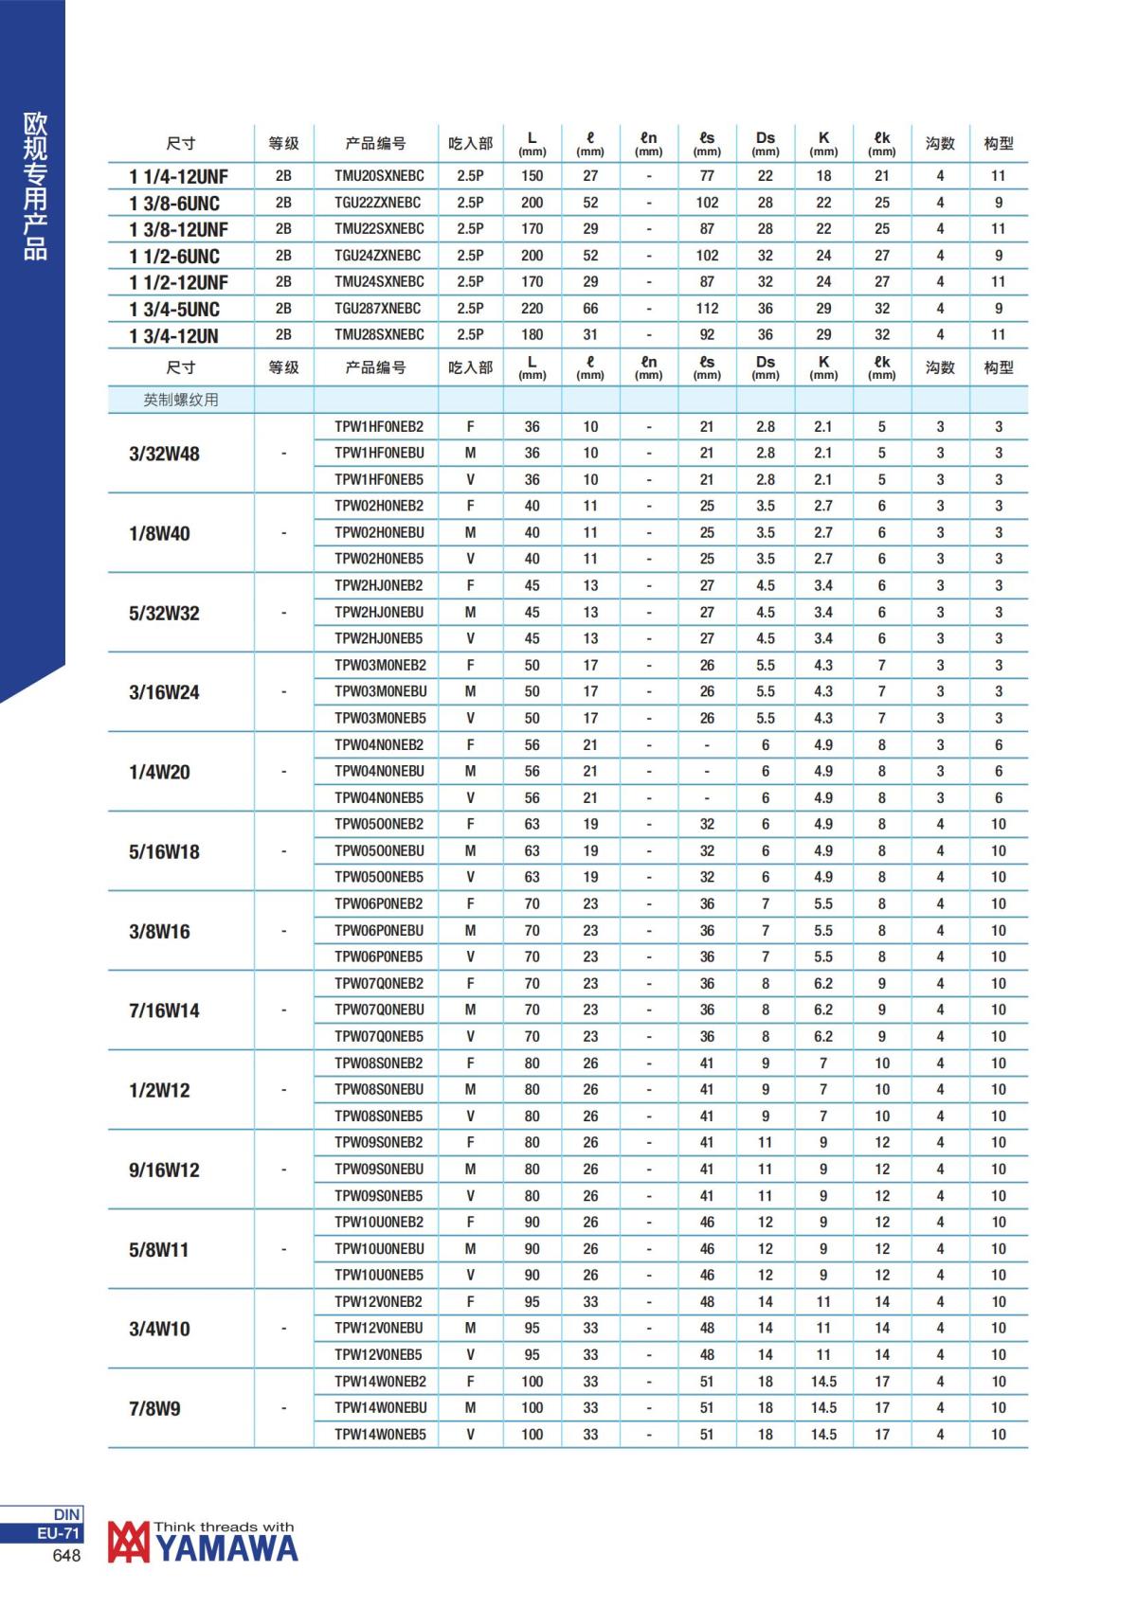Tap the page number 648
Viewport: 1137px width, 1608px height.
[67, 1556]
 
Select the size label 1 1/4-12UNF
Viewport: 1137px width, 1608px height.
[178, 176]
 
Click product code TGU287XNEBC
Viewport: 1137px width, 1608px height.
[378, 309]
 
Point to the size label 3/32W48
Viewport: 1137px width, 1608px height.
[164, 454]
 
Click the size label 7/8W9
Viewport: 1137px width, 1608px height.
[154, 1408]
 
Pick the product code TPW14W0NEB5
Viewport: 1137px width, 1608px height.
[379, 1435]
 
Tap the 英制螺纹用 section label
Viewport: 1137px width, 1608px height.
[181, 400]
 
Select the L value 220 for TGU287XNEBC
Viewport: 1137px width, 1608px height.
[532, 309]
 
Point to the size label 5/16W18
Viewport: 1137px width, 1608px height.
[164, 851]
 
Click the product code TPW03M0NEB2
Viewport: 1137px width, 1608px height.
[379, 666]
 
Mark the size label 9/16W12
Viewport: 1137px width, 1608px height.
[164, 1170]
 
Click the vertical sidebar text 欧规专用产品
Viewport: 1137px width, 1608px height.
[35, 186]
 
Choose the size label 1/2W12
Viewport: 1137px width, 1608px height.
[159, 1090]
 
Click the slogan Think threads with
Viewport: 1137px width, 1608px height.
[224, 1527]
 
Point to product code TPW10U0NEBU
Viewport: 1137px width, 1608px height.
[379, 1249]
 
